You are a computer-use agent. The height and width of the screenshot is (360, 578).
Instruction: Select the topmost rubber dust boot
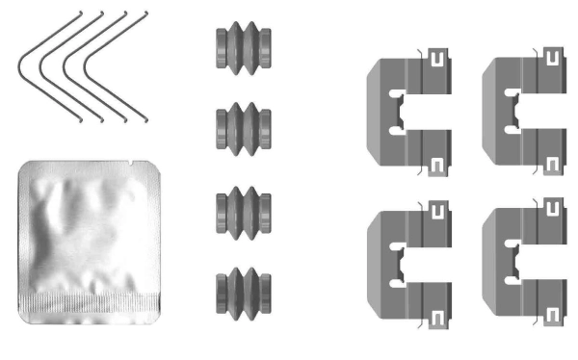[x=241, y=47]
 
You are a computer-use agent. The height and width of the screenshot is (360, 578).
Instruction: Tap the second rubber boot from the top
[x=241, y=126]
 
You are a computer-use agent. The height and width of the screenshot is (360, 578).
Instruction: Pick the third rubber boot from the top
[x=241, y=209]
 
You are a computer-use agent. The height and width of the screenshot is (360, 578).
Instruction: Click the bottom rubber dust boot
[x=241, y=291]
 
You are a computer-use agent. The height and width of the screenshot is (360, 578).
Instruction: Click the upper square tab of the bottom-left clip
[x=438, y=209]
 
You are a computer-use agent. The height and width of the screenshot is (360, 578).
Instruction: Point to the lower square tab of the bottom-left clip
[x=438, y=317]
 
